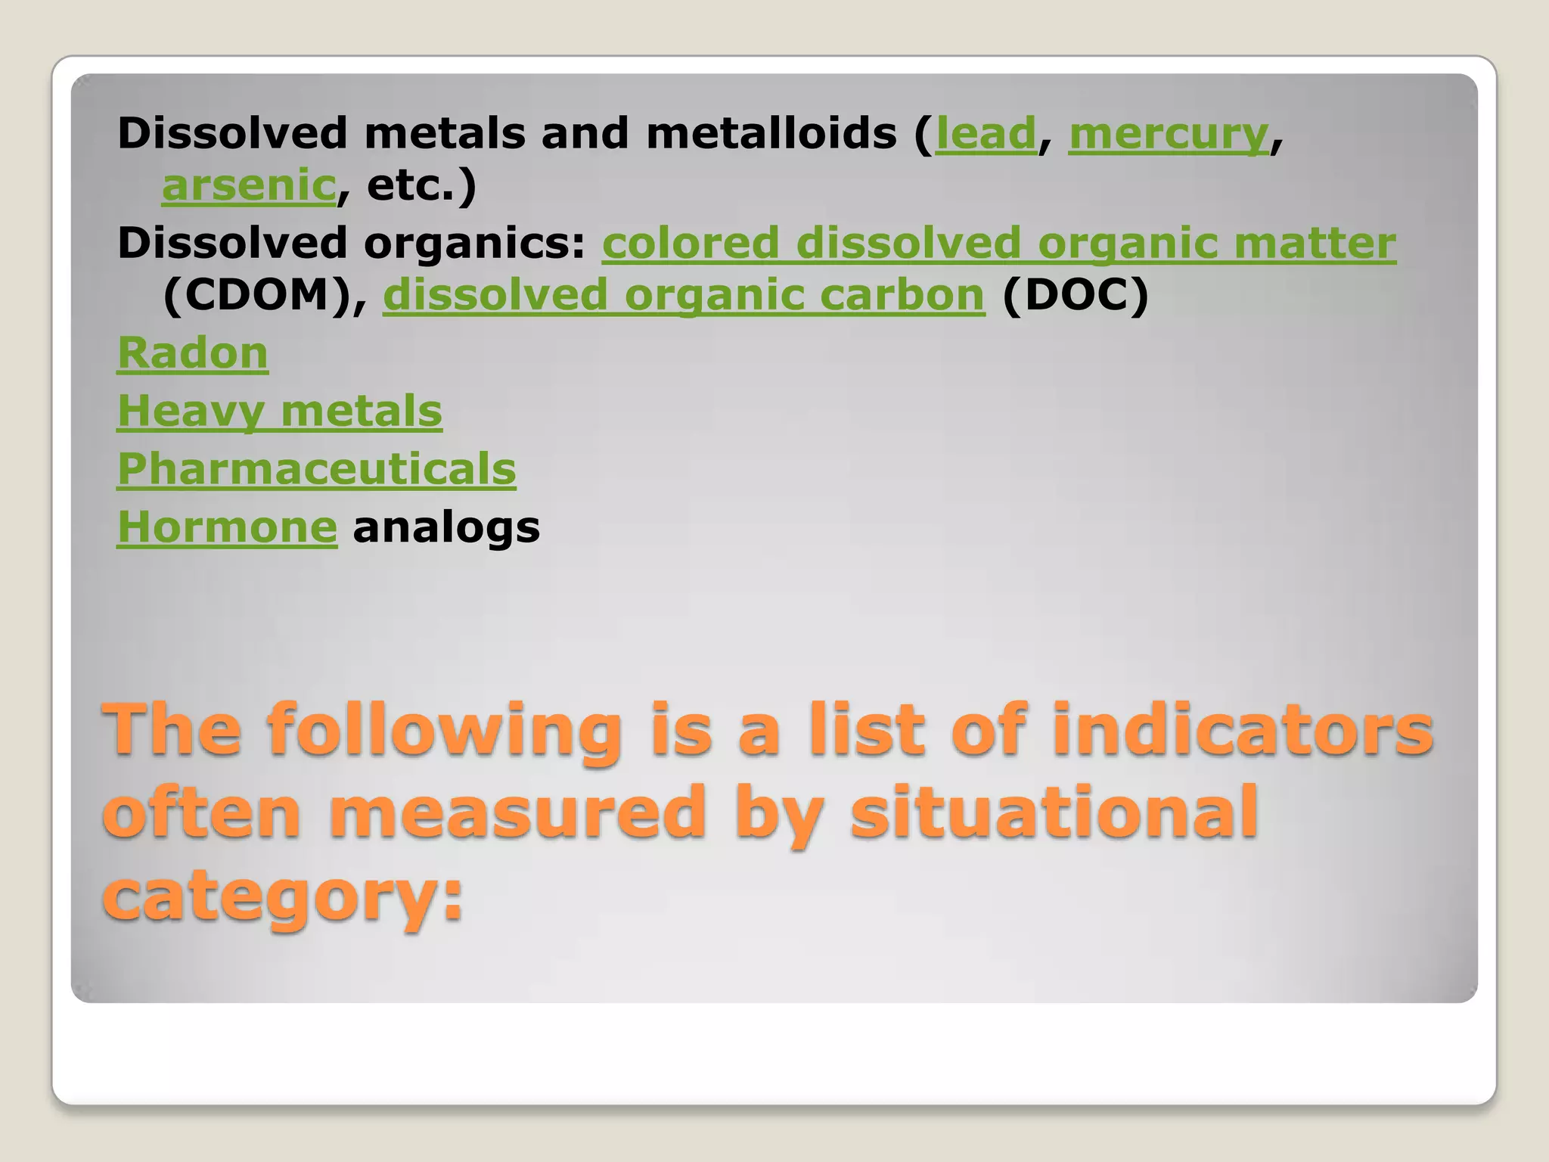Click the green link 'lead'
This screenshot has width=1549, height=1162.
986,134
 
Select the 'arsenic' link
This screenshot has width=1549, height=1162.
249,185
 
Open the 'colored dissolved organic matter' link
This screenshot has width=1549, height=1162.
998,244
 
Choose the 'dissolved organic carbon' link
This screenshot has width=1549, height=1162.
684,295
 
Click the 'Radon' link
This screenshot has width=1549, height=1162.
193,353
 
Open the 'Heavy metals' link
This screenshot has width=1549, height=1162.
279,412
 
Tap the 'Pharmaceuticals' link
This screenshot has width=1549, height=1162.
316,469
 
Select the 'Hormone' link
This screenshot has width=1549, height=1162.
227,527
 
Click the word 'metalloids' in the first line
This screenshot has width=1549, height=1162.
771,134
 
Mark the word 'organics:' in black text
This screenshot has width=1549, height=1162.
475,244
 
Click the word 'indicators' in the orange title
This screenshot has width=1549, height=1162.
1242,729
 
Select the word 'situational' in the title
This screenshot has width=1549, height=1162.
1054,811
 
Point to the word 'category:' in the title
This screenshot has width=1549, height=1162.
282,894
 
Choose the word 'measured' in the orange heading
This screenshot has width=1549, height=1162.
517,811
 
